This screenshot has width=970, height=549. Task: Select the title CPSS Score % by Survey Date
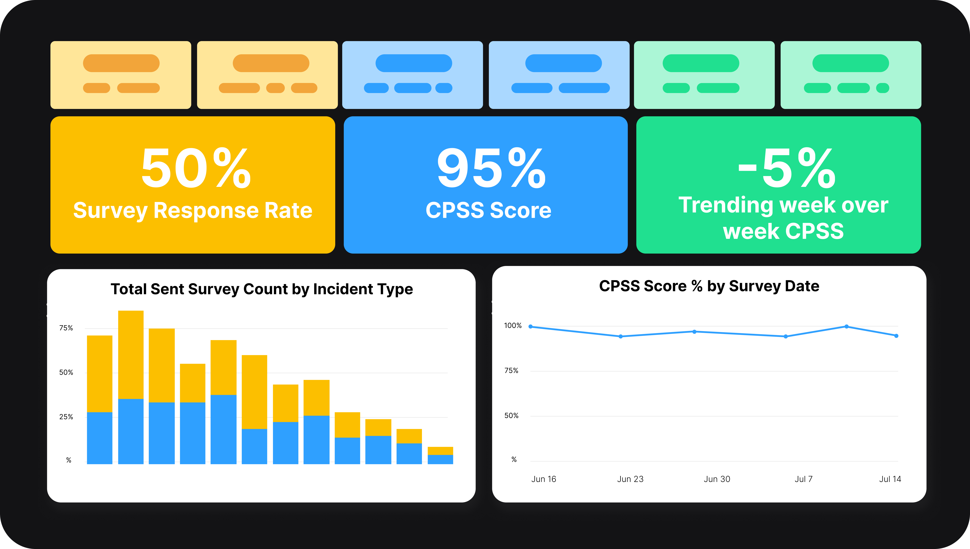click(709, 286)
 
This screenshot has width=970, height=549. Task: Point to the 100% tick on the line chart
click(513, 325)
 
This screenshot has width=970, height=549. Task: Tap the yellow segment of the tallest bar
click(131, 354)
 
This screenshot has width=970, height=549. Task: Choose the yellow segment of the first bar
click(100, 373)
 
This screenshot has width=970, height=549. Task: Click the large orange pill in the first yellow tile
click(121, 63)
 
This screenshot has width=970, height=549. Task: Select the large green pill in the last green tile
click(850, 63)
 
